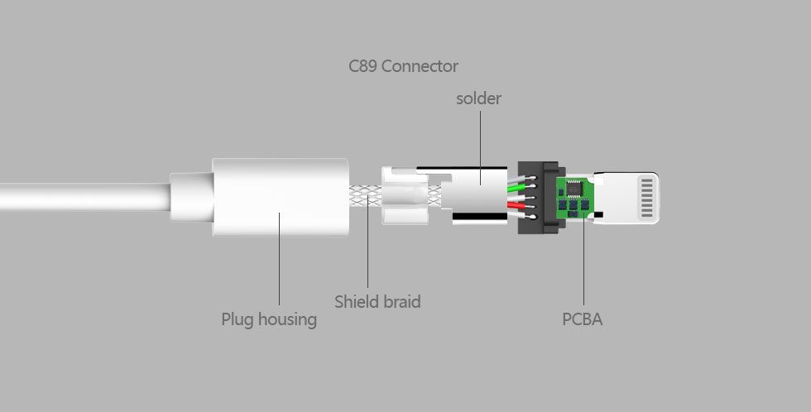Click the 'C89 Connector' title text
pos(403,66)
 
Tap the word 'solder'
pos(478,98)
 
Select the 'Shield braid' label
pos(377,301)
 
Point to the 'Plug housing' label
pos(269,319)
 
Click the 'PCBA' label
pos(583,319)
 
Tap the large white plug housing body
pos(281,197)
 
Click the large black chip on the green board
pos(574,188)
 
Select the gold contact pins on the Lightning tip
pos(647,198)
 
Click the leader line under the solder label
pos(480,147)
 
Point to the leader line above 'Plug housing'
pos(280,258)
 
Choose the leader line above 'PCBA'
pos(584,261)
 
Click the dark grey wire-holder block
pos(538,197)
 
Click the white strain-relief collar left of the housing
pos(191,197)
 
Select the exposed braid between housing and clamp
pos(365,197)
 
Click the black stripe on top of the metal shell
pos(462,168)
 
